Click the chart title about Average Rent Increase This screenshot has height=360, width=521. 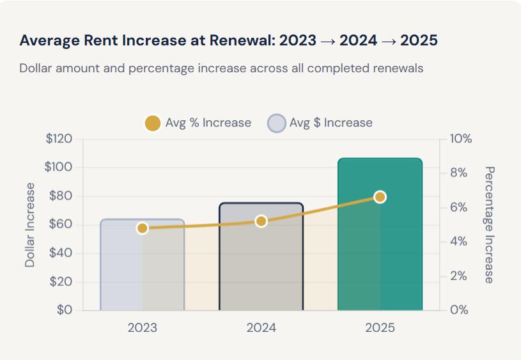coord(228,40)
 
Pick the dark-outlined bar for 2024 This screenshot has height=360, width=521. coord(261,269)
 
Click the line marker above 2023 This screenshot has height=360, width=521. coord(142,228)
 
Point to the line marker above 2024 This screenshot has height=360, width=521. coord(261,221)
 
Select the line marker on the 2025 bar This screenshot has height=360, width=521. coord(380,197)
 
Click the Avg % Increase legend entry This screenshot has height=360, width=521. coord(198,123)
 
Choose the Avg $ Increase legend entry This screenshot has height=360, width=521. coord(320,123)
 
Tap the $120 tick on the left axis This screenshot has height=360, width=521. coord(59,139)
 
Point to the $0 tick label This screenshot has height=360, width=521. coord(64,310)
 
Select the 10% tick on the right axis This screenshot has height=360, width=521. coord(460,139)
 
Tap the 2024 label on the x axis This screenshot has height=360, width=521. coord(261,328)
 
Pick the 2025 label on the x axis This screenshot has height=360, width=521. coord(380,328)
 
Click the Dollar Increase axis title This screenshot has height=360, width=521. coord(30,224)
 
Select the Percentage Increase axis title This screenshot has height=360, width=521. coord(489,224)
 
